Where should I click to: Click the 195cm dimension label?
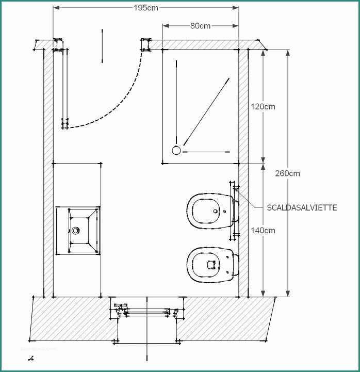146,8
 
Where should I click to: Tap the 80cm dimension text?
201,26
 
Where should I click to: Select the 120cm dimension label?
263,106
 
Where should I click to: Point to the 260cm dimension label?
287,173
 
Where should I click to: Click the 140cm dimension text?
263,230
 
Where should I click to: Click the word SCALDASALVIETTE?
302,207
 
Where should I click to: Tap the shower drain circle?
176,151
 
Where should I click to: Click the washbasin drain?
75,230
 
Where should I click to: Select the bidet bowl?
210,211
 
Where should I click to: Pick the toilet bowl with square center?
211,265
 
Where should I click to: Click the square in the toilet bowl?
211,265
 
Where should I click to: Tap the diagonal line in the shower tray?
206,111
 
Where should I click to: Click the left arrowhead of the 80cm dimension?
166,26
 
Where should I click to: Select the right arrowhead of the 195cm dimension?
236,8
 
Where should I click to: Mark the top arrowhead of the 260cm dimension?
288,53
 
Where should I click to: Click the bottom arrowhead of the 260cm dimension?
288,294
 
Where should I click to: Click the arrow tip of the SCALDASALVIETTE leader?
235,188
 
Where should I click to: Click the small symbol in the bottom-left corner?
31,359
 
